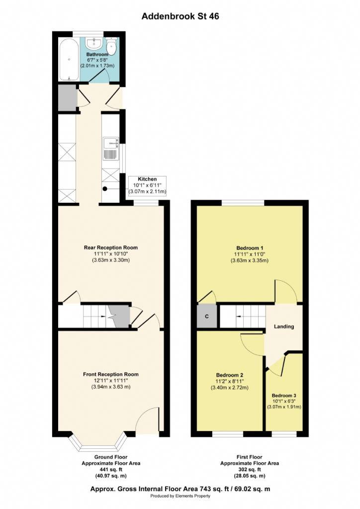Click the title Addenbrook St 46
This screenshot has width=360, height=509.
click(180, 16)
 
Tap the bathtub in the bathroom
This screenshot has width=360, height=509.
click(69, 60)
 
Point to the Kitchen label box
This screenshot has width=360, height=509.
click(147, 186)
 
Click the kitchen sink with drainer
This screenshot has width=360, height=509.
click(111, 148)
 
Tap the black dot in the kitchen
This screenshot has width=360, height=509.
click(105, 188)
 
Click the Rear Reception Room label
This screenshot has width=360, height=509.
click(111, 248)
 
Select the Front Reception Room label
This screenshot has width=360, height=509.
click(111, 374)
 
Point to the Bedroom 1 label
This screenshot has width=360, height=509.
click(250, 248)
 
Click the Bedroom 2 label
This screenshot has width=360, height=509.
click(230, 375)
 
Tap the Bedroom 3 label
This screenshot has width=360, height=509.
click(284, 396)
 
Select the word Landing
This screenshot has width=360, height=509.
click(284, 327)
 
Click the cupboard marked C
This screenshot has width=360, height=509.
click(207, 316)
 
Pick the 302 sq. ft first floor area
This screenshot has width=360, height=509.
click(250, 469)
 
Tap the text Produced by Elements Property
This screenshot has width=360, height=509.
click(180, 496)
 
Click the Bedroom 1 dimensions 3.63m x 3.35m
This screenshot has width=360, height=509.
click(250, 260)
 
